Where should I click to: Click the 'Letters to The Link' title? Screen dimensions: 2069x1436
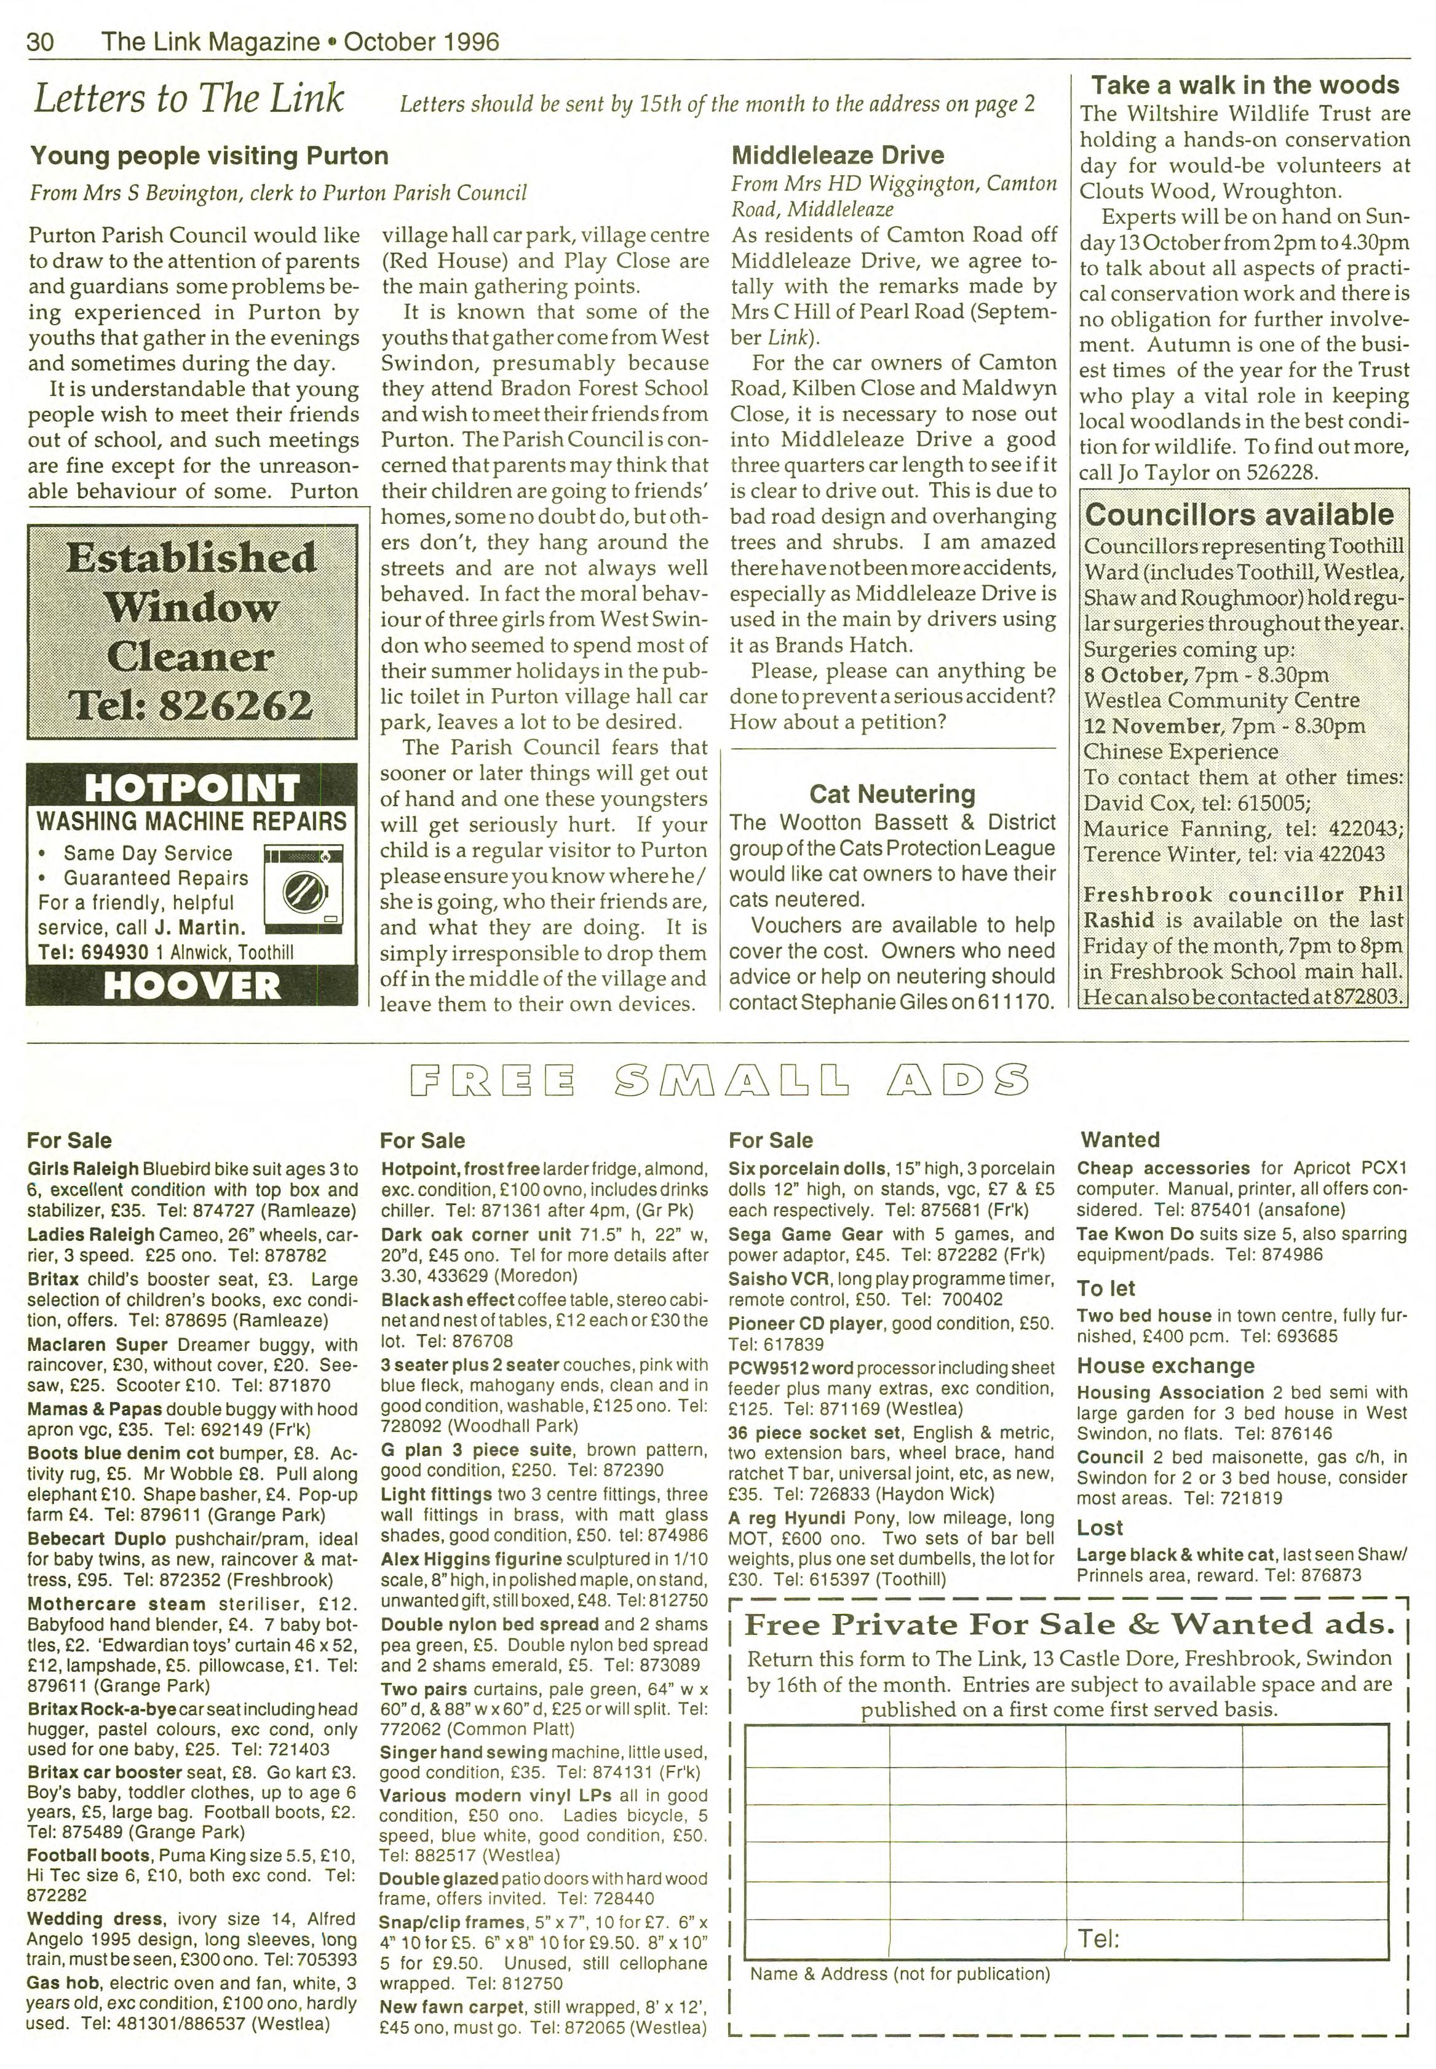tap(188, 99)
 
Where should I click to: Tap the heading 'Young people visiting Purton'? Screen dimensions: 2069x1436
tap(208, 156)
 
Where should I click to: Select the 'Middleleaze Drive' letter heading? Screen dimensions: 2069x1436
tap(837, 155)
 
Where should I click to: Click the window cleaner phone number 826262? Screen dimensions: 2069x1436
tap(235, 705)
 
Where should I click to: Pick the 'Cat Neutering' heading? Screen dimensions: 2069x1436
tap(892, 793)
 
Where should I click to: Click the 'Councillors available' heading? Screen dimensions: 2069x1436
tap(1239, 515)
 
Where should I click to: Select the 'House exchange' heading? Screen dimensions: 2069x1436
tap(1165, 1366)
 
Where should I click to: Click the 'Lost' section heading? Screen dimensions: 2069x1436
tap(1100, 1527)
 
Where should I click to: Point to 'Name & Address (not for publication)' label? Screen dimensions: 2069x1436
tap(900, 1974)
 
